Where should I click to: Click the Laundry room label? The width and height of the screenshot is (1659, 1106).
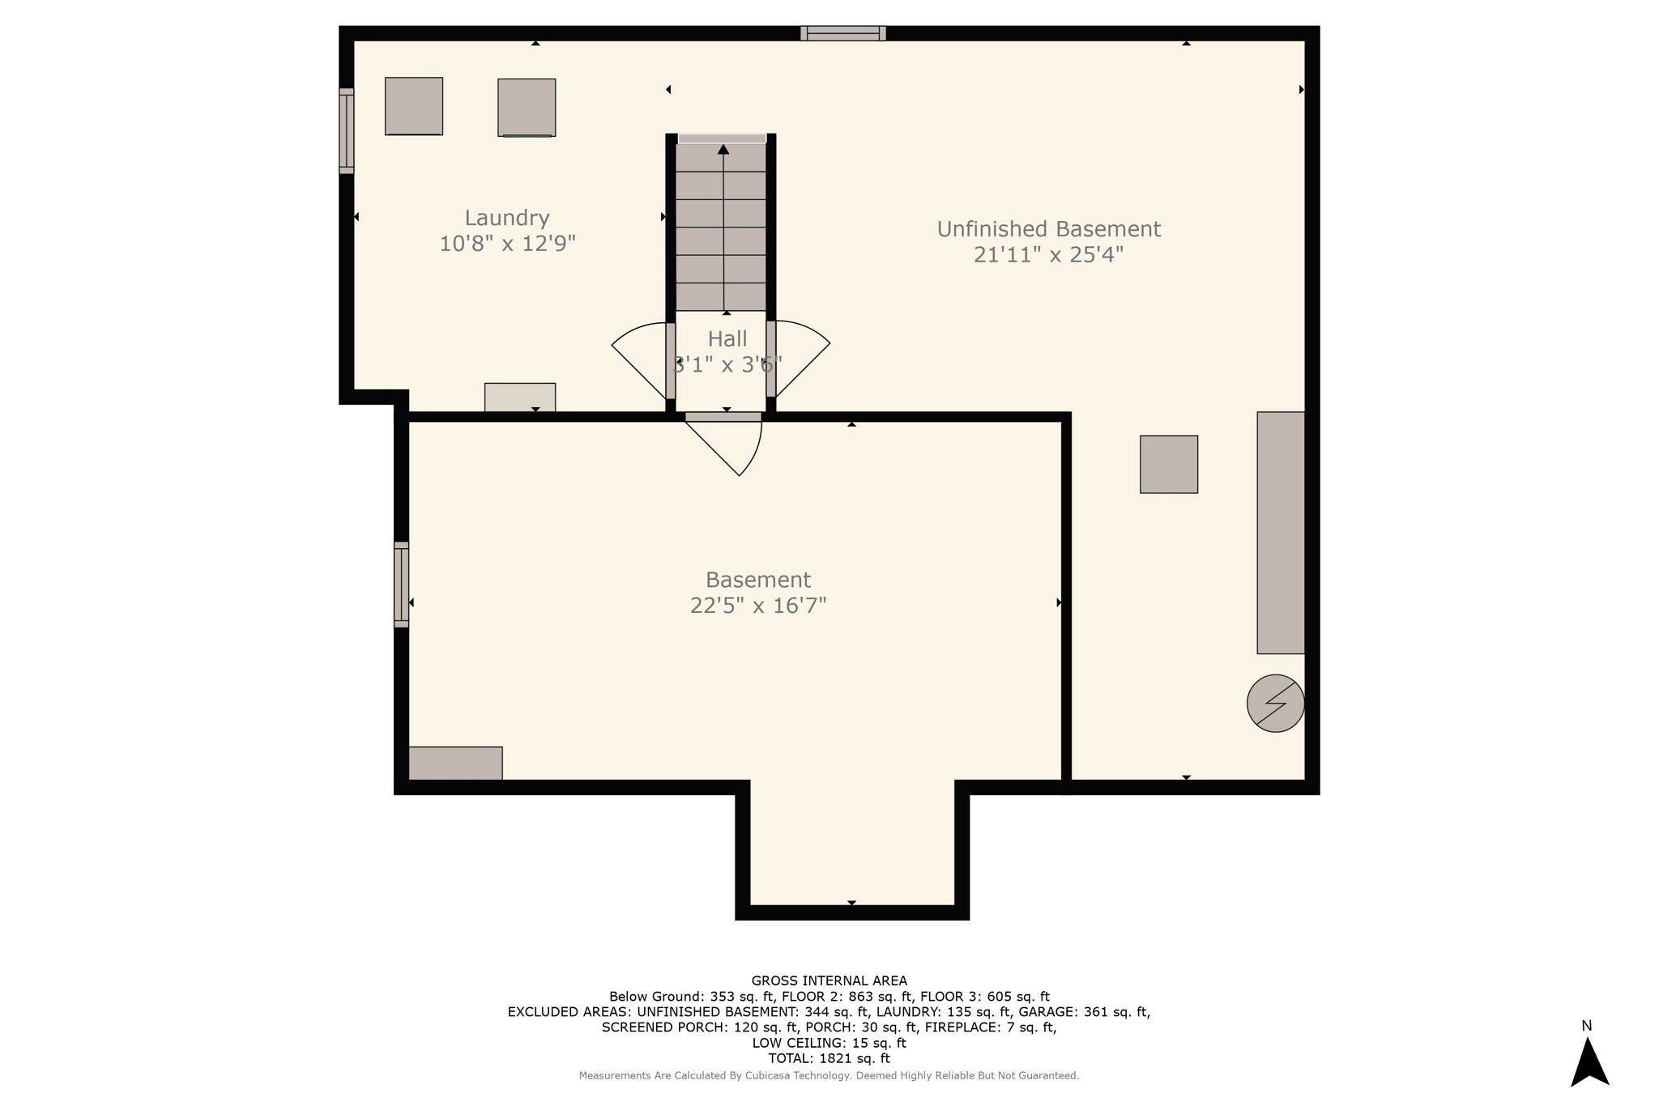point(507,218)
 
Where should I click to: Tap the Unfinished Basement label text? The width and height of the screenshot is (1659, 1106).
point(1048,229)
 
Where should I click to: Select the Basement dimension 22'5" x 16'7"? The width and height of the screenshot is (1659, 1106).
point(757,606)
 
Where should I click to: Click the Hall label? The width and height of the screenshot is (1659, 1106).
point(727,338)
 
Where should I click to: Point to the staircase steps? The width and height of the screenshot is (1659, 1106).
point(721,227)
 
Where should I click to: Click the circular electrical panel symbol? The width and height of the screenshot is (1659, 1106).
point(1275,703)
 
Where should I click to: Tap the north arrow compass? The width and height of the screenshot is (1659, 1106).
point(1589,1061)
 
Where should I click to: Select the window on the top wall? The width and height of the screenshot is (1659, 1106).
point(842,33)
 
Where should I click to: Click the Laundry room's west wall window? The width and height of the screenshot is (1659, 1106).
point(347,130)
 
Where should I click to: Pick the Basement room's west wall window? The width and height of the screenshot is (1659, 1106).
point(402,584)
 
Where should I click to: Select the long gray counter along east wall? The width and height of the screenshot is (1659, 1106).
point(1280,532)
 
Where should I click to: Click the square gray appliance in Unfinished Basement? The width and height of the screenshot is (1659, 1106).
point(1168,464)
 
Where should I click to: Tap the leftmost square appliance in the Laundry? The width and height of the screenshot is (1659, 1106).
point(413,106)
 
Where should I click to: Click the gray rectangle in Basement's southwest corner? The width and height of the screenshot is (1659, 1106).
point(455,763)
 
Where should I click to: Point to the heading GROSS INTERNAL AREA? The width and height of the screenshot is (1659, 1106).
point(829,981)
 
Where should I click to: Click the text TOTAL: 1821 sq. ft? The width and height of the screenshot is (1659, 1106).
point(829,1058)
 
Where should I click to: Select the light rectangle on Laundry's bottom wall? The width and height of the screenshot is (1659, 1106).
point(520,397)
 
